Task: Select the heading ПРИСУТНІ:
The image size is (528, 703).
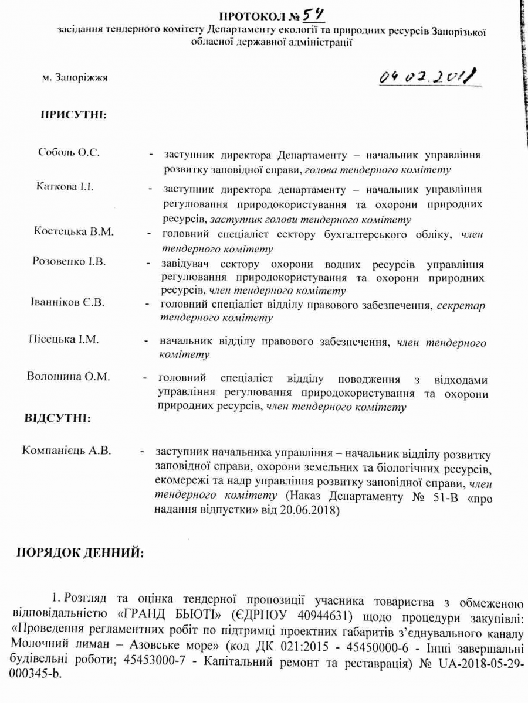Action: (73, 114)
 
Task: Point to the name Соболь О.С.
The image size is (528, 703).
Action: (69, 153)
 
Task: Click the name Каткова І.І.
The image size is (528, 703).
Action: (65, 187)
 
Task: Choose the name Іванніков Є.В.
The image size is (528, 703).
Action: (67, 302)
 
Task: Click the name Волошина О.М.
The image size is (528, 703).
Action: (69, 377)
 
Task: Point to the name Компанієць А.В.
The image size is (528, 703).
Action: (67, 451)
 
